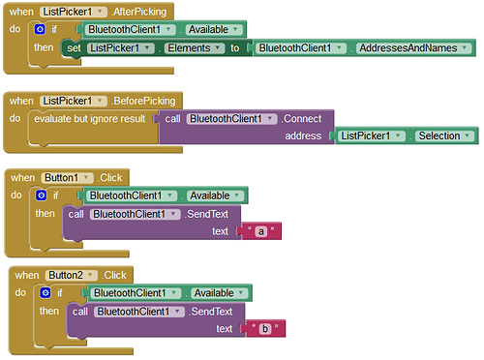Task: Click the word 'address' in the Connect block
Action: (303, 135)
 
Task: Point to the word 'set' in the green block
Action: (74, 47)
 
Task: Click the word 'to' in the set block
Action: (235, 47)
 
